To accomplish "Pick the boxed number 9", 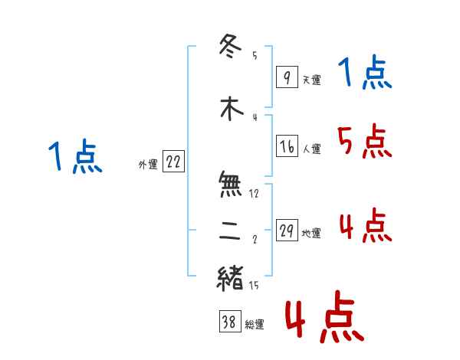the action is pos(286,77).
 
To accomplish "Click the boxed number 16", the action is pos(287,146).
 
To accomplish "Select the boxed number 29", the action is pos(287,231).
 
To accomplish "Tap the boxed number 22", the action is pos(173,162).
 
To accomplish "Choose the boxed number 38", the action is pos(228,322).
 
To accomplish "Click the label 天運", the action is pos(311,80).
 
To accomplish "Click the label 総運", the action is pos(255,325).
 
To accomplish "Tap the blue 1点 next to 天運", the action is pos(365,74).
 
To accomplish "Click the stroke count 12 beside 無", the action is pos(254,194).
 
